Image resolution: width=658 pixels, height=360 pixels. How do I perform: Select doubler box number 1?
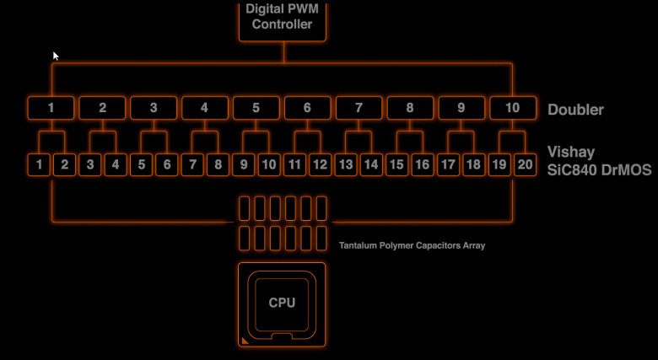coord(51,108)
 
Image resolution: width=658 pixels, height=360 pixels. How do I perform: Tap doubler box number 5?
coord(256,108)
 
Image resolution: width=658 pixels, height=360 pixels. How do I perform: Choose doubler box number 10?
coord(513,108)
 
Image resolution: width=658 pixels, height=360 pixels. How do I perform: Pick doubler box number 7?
coord(359,108)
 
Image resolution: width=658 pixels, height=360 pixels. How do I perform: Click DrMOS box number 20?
coord(525,164)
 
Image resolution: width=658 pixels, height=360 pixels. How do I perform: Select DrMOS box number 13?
coord(346,164)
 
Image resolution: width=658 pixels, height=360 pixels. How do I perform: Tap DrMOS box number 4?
coord(116,164)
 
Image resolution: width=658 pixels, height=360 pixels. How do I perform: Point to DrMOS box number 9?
coord(244,164)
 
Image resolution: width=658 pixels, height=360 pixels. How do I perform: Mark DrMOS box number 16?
coord(423,164)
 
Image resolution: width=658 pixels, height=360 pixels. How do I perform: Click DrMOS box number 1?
coord(39,164)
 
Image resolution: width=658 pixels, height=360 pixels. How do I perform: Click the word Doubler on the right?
coord(575,110)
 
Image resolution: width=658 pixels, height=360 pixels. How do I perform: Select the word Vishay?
coord(571,153)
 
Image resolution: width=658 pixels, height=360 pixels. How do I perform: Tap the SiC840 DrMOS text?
coord(599,170)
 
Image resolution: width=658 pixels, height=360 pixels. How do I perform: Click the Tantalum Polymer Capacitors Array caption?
coord(412,245)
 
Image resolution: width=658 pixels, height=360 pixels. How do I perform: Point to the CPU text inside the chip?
coord(282,303)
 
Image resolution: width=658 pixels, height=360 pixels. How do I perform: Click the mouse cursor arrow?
coord(56,56)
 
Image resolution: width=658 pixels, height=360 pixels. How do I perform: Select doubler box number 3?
coord(154,108)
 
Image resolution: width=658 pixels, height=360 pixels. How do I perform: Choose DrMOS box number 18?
coord(474,164)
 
